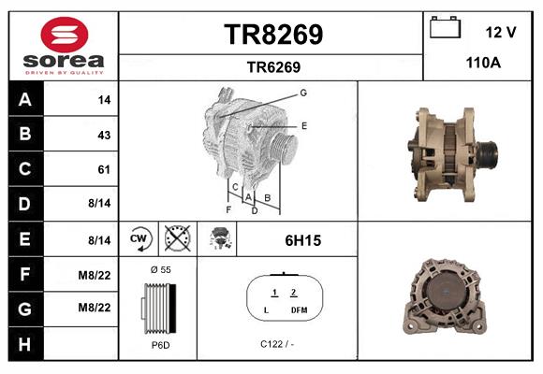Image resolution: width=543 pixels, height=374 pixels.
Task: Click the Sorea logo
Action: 64,47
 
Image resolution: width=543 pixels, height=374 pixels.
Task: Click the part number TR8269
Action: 272,35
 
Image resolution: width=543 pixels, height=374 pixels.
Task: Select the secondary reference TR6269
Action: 272,66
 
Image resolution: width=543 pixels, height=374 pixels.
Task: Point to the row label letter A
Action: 24,99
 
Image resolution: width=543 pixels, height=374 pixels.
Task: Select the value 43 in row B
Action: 104,135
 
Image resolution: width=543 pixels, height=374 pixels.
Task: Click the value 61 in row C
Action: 104,169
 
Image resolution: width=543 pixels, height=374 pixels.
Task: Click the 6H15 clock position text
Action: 302,240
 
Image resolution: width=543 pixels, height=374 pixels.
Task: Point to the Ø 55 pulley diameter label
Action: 158,269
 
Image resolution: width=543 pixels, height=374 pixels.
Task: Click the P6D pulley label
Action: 158,344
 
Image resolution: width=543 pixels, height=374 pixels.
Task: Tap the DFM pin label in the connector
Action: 299,309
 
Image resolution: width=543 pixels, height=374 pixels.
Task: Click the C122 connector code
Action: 277,344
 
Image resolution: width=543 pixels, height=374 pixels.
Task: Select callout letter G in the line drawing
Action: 303,93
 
